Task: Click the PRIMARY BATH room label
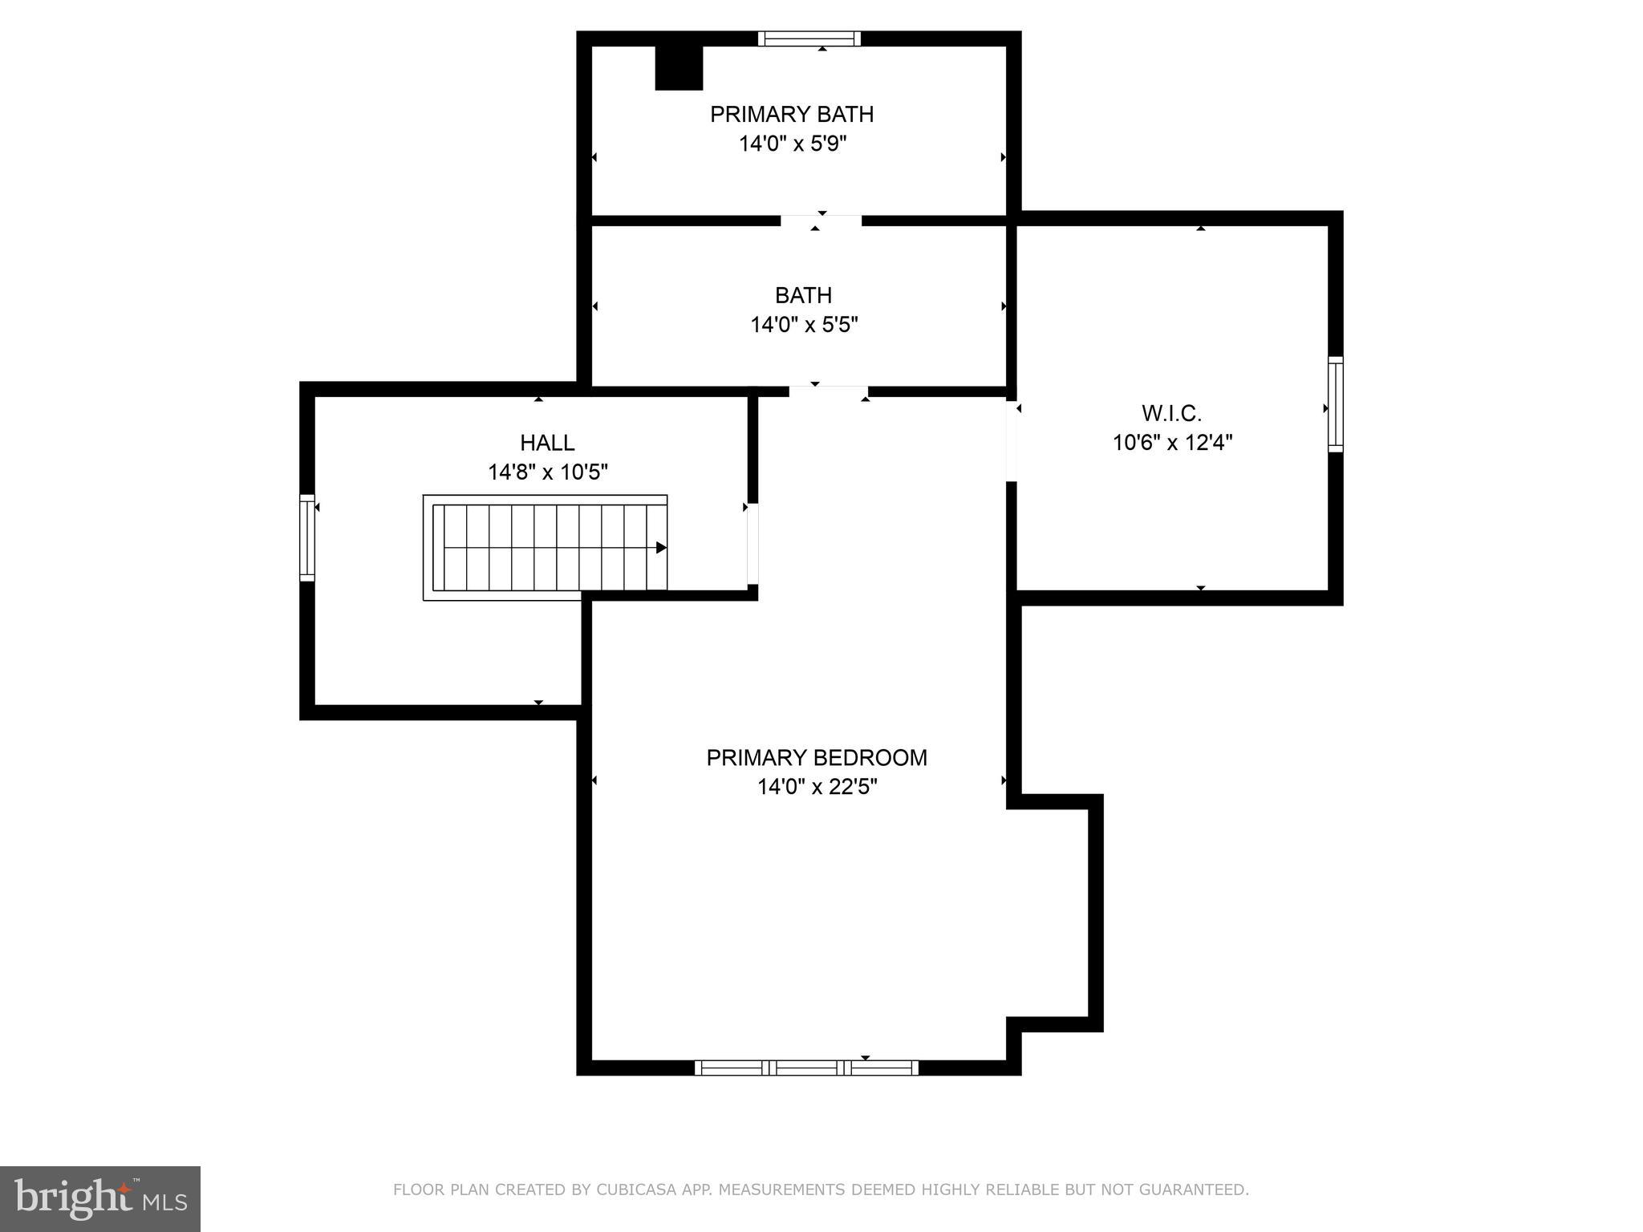pyautogui.click(x=791, y=114)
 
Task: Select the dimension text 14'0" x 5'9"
pyautogui.click(x=793, y=144)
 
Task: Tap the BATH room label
pyautogui.click(x=803, y=295)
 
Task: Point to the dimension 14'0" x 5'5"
pyautogui.click(x=804, y=325)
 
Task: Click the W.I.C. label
pyautogui.click(x=1171, y=414)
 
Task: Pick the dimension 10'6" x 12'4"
pyautogui.click(x=1172, y=443)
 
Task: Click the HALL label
pyautogui.click(x=547, y=443)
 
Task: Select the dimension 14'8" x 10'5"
pyautogui.click(x=548, y=472)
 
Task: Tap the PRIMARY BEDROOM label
pyautogui.click(x=817, y=758)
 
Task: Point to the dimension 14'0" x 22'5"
pyautogui.click(x=817, y=787)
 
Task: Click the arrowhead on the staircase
pyautogui.click(x=661, y=548)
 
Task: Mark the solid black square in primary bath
pyautogui.click(x=679, y=67)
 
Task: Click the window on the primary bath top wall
pyautogui.click(x=809, y=38)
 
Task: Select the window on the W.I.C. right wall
pyautogui.click(x=1335, y=404)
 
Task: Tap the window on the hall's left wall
pyautogui.click(x=306, y=537)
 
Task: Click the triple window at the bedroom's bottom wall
pyautogui.click(x=805, y=1067)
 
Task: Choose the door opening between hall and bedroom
pyautogui.click(x=753, y=544)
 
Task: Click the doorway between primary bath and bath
pyautogui.click(x=821, y=221)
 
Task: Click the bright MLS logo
pyautogui.click(x=99, y=1198)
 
